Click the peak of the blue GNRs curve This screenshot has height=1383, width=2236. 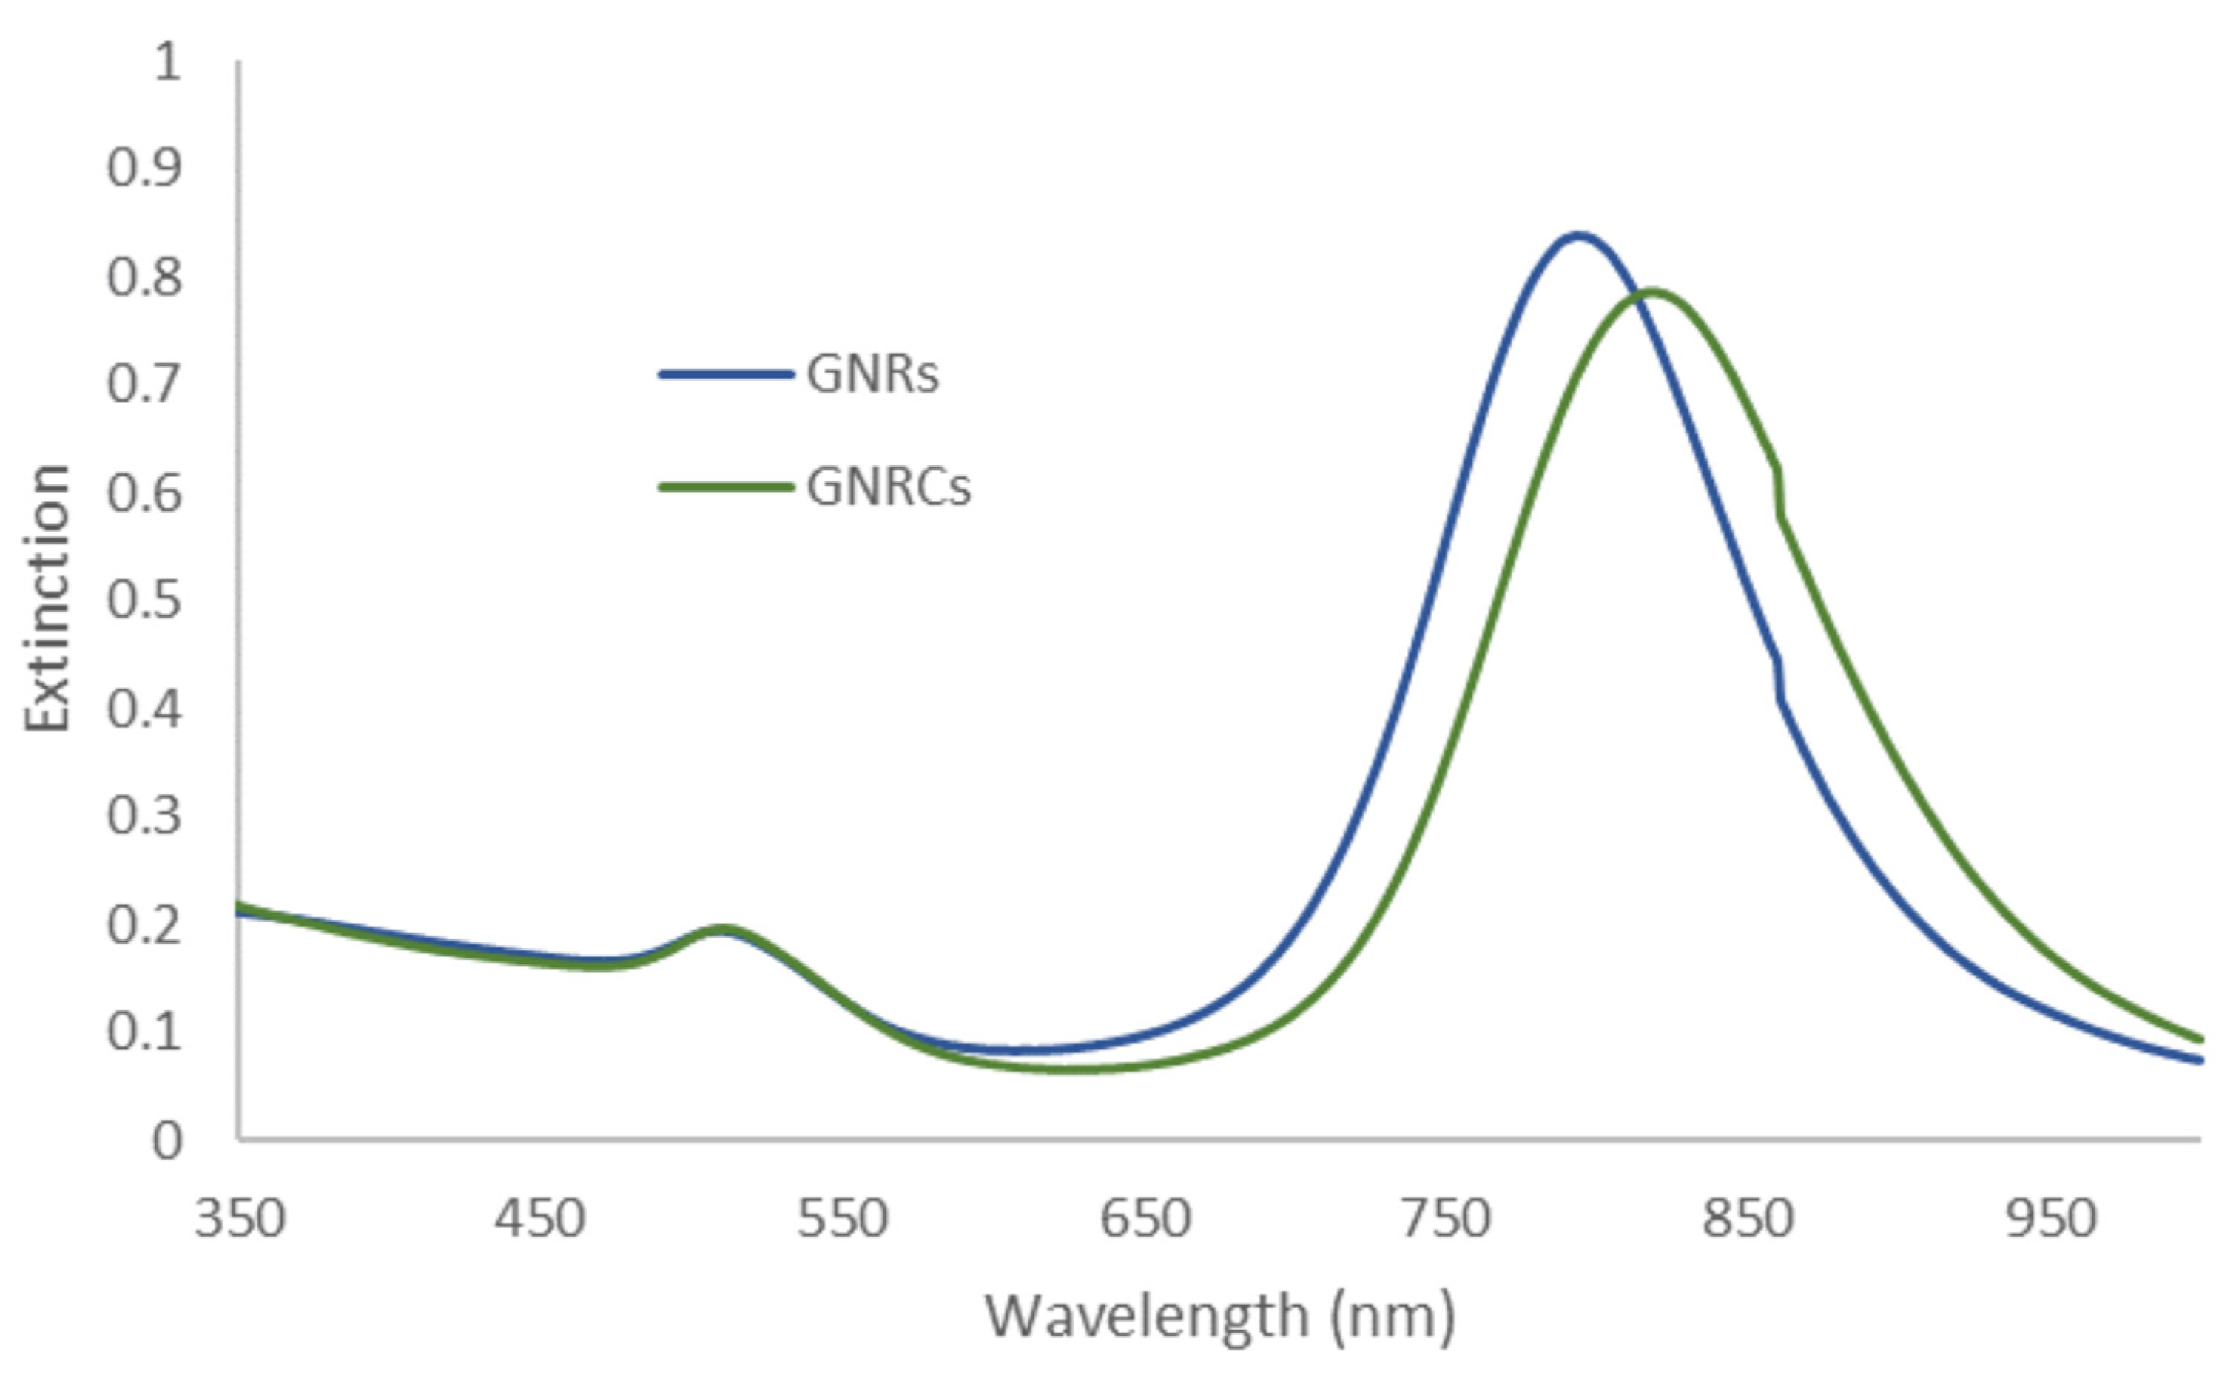coord(1577,236)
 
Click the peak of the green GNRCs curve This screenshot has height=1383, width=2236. coord(1651,292)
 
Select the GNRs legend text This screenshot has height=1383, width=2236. coord(872,375)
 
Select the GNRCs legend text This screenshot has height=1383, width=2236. coord(889,487)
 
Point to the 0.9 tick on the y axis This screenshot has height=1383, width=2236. coord(144,169)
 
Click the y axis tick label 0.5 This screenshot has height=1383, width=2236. coord(144,601)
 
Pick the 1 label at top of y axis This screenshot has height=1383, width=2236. coord(167,62)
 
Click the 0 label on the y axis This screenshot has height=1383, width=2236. coord(167,1141)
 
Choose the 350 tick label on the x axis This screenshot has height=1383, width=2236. coord(240,1220)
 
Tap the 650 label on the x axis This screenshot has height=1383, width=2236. coord(1145,1220)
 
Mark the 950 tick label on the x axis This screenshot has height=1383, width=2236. coord(2050,1220)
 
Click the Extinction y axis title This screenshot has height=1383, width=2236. coord(47,598)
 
